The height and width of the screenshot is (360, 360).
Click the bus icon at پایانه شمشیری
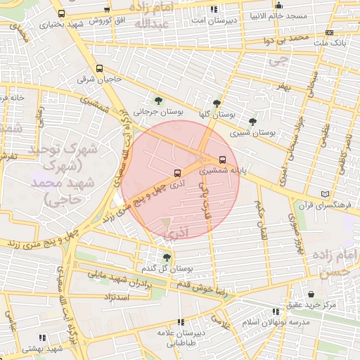tap(224, 159)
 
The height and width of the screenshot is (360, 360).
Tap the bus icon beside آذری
tap(176, 172)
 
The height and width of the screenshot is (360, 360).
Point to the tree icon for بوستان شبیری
tap(272, 121)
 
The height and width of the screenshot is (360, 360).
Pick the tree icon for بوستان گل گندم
tap(167, 257)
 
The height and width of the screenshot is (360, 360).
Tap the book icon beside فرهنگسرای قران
tap(324, 194)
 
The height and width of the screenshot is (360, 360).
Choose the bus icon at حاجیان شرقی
tap(100, 69)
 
